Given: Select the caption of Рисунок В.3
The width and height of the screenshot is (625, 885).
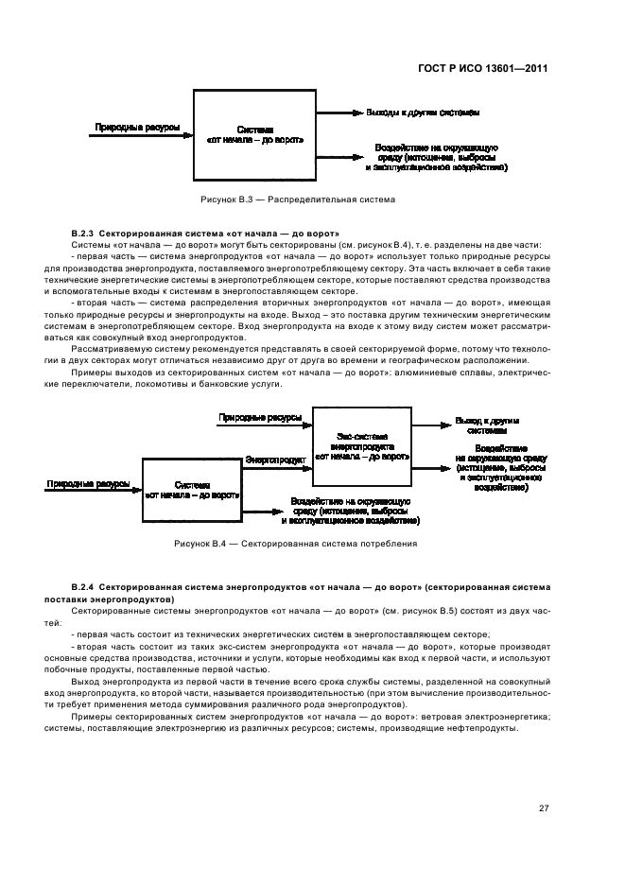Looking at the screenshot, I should pyautogui.click(x=297, y=200).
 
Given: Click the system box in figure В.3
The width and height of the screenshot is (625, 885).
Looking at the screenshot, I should pyautogui.click(x=254, y=134).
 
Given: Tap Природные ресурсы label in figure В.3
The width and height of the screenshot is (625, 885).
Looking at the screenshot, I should pyautogui.click(x=137, y=126).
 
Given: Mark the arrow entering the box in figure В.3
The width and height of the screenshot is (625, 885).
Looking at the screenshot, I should pyautogui.click(x=142, y=135).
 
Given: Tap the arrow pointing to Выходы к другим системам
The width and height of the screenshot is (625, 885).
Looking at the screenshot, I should pyautogui.click(x=341, y=113).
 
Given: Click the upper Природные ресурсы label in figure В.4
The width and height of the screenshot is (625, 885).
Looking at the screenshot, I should pyautogui.click(x=260, y=417).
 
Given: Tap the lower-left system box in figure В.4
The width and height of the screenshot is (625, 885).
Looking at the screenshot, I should pyautogui.click(x=192, y=489).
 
